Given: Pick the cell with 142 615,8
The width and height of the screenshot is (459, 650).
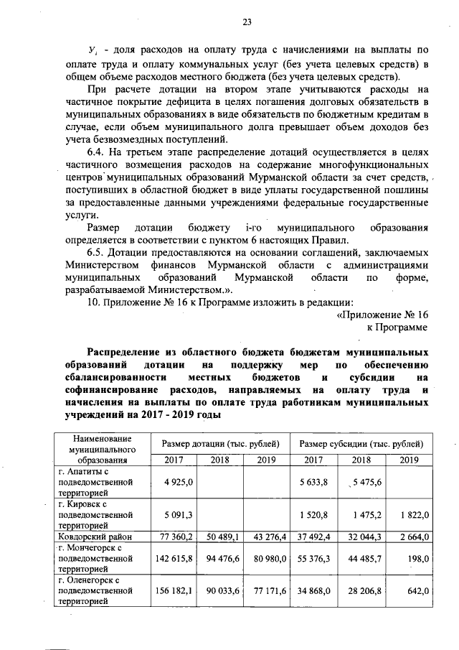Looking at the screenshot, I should point(176,557).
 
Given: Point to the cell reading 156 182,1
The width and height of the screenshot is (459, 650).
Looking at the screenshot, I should point(176,590).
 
